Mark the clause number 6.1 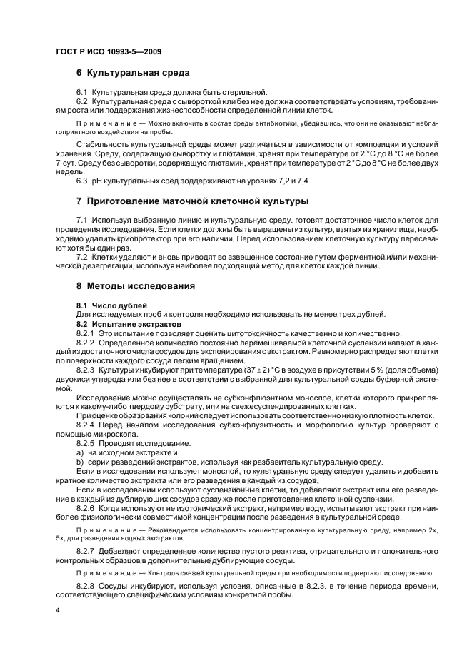(x=81, y=92)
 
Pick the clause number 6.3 (x=81, y=181)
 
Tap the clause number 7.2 (x=81, y=257)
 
